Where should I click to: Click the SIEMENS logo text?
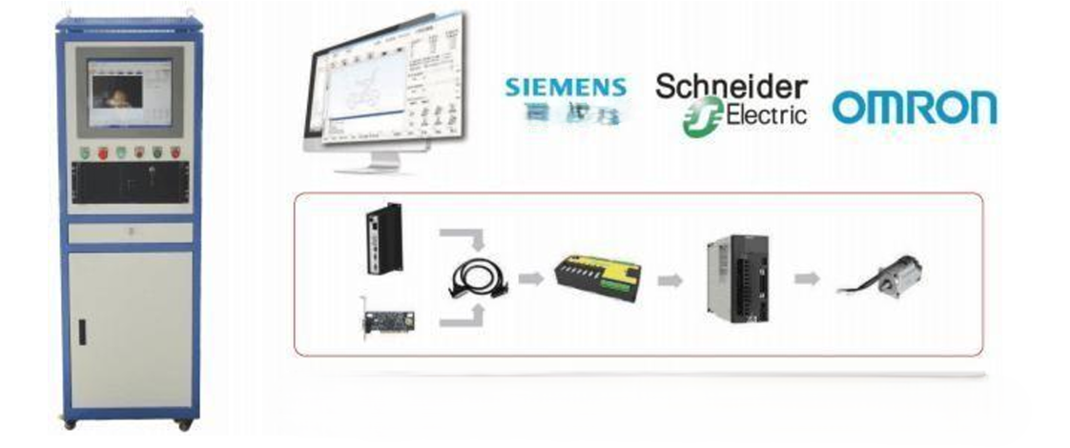(566, 88)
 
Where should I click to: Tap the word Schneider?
(731, 87)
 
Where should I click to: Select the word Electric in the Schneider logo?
(761, 115)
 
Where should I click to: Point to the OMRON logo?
(914, 108)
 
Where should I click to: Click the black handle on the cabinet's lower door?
(82, 331)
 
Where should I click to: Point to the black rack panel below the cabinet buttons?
(131, 182)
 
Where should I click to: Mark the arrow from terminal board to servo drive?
(670, 279)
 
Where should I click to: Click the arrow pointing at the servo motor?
(807, 278)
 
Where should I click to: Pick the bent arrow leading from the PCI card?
(463, 317)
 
